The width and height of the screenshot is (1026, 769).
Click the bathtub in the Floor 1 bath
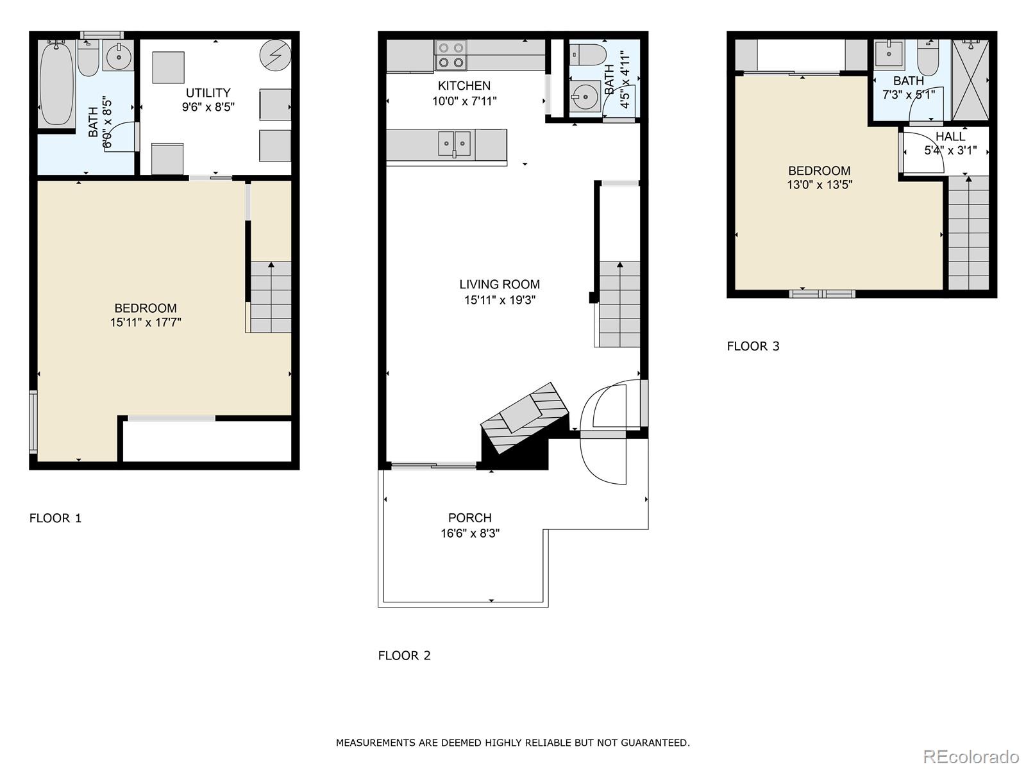[56, 83]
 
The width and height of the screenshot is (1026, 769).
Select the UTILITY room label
[208, 93]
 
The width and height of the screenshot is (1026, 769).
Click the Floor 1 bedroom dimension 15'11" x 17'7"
[146, 323]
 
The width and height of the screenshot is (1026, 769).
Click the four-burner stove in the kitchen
[451, 55]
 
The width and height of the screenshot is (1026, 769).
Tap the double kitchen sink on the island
[455, 144]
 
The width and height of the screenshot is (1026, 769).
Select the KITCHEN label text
[464, 86]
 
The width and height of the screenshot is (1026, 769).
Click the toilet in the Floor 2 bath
[587, 53]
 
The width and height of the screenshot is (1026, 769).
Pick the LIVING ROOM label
[500, 285]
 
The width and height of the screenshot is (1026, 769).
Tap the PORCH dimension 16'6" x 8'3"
[470, 533]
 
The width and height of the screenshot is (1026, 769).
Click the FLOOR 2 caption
[404, 656]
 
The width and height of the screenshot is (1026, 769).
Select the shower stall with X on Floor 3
[970, 80]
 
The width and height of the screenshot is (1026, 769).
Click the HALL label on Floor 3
[950, 136]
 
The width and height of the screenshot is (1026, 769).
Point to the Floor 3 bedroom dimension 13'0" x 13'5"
[820, 185]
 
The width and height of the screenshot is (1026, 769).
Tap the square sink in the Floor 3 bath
[889, 54]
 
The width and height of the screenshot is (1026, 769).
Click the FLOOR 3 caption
[753, 347]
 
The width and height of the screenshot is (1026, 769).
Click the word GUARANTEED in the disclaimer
[657, 743]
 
